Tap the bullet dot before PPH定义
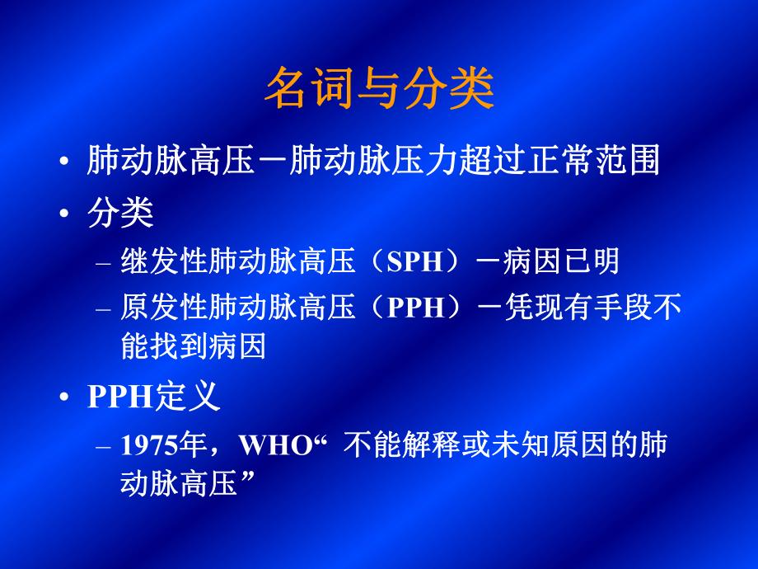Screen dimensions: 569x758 [x=65, y=400]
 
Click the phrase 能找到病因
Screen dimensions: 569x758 [x=193, y=347]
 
